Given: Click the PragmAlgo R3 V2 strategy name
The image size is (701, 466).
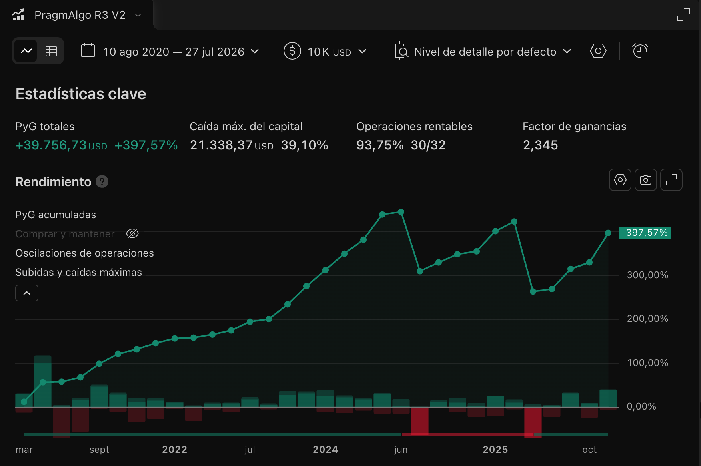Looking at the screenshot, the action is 80,15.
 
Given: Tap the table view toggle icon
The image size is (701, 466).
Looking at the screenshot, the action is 51,51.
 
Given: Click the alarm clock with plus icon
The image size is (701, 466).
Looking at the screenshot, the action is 641,51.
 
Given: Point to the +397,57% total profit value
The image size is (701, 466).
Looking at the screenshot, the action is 146,145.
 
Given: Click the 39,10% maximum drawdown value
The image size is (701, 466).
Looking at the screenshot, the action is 304,145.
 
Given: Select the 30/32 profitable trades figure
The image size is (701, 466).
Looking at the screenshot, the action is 428,145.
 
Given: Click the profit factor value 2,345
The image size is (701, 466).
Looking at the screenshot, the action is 540,145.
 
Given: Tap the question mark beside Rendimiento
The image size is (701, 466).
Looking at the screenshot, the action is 102,182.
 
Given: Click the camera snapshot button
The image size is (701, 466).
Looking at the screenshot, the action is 646,180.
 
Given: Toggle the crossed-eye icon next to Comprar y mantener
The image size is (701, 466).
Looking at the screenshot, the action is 132,233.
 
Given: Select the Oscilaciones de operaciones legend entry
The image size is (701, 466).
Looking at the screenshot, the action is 84,253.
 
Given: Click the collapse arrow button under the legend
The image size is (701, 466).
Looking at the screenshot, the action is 27,293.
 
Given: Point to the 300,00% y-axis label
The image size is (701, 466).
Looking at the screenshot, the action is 647,275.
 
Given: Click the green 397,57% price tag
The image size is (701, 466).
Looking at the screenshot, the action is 645,233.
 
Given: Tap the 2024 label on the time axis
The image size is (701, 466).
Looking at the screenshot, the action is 326,450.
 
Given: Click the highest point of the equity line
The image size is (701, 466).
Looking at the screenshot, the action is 401,212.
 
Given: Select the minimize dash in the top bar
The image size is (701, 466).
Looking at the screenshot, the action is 655,20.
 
